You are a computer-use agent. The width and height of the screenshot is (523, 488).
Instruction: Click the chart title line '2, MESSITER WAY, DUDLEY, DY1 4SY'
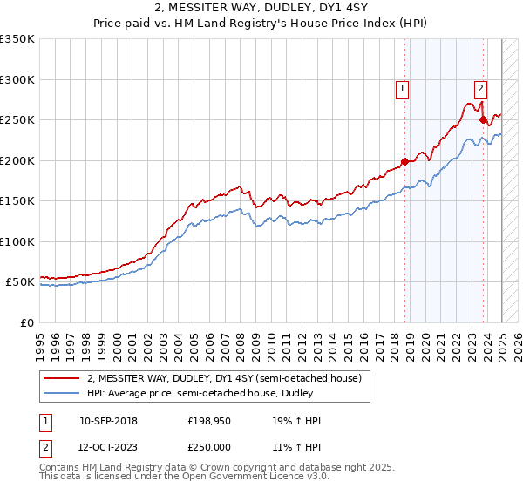261,8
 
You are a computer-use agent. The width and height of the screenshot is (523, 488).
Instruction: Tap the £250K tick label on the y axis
17,119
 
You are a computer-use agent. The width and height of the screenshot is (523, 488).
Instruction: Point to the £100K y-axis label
17,241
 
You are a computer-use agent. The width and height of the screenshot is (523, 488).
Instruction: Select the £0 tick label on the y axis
26,322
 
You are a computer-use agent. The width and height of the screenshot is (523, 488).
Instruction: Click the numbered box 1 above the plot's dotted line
402,87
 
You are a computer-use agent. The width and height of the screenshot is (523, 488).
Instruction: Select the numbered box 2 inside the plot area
480,87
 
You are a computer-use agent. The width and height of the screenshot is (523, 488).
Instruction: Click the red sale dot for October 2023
483,120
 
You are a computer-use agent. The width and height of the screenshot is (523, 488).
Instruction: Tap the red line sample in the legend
62,378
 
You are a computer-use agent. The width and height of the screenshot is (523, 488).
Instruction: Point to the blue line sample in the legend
62,394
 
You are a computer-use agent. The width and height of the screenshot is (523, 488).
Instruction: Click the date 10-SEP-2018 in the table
108,421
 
